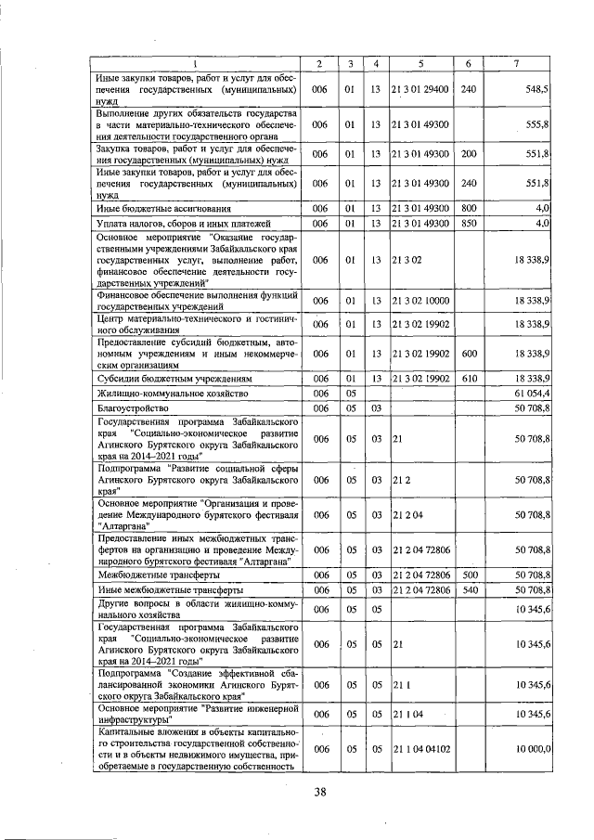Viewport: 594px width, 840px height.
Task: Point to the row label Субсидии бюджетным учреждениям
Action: tap(162, 379)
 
